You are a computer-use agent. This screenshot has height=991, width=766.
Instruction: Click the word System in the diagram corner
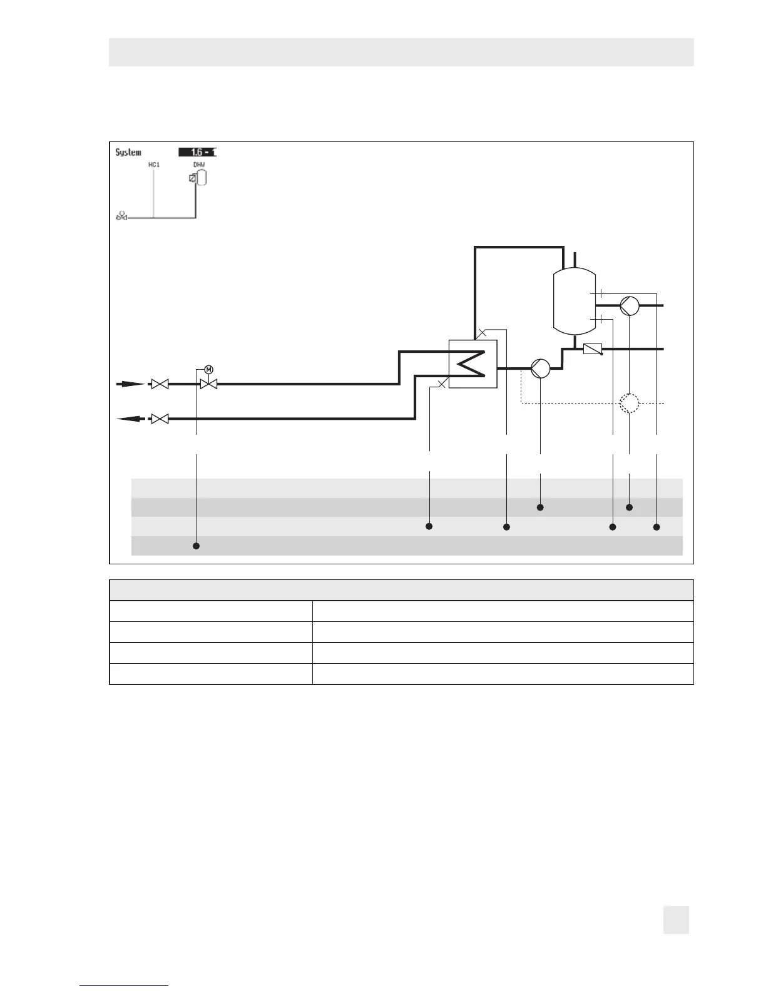tap(128, 152)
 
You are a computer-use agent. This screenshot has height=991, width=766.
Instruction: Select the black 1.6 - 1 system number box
tap(197, 152)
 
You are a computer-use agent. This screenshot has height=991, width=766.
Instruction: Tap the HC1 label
tap(154, 165)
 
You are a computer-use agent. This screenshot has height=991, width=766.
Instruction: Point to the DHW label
tap(198, 165)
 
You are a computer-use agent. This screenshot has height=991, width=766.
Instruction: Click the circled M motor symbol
tap(209, 369)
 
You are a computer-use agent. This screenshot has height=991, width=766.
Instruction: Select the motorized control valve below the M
tap(208, 384)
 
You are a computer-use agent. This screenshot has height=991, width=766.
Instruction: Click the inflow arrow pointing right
tap(130, 384)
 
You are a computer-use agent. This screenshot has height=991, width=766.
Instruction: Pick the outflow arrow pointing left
tap(130, 419)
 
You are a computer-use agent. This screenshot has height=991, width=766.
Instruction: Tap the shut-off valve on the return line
tap(160, 419)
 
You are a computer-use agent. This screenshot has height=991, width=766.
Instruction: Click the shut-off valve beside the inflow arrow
tap(160, 384)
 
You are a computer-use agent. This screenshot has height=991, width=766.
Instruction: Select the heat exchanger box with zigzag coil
tap(473, 364)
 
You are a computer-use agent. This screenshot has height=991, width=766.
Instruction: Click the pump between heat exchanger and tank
tap(540, 368)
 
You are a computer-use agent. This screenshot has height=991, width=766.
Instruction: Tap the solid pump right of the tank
tap(630, 306)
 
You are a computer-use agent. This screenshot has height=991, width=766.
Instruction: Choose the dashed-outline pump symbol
tap(630, 403)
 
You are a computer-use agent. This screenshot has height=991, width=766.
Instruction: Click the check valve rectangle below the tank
tap(592, 349)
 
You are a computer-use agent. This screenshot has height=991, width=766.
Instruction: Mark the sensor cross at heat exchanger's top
tap(482, 333)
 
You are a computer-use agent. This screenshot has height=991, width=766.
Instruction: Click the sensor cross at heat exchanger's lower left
tap(442, 384)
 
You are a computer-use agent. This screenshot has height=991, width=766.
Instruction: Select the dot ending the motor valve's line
tap(196, 546)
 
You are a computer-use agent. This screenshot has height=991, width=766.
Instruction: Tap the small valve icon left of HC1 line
tap(121, 216)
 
